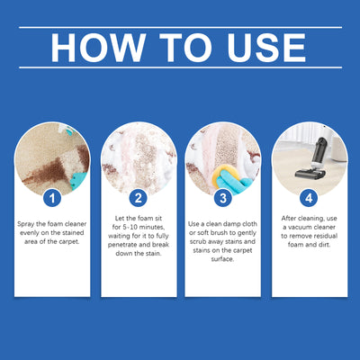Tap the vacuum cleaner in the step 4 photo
305,162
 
